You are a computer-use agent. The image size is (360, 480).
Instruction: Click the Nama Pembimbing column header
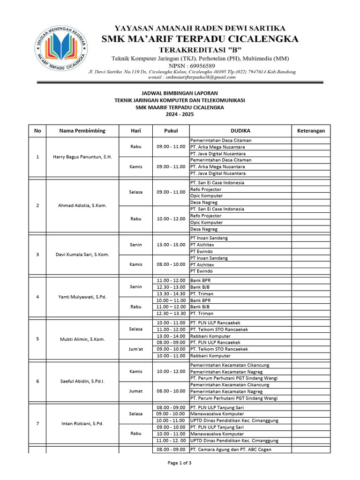tap(82, 131)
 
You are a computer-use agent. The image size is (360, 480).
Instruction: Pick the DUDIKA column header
tap(240, 131)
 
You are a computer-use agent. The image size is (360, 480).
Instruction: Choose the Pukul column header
tap(171, 131)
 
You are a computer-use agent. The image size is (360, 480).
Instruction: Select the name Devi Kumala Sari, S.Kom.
tap(82, 255)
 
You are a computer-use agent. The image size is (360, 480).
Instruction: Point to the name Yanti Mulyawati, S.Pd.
tap(82, 297)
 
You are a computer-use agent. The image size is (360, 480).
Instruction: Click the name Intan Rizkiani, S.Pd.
tap(82, 424)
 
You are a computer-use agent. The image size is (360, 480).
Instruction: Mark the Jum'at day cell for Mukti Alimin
tap(135, 349)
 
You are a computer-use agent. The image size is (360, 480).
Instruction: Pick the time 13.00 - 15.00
tap(171, 245)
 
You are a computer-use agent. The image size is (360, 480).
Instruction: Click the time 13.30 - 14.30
tap(171, 293)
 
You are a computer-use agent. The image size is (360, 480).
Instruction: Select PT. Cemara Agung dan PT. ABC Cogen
tap(231, 450)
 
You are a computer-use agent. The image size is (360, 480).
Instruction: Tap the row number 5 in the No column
tap(37, 339)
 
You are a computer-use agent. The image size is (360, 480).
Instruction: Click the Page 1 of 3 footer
tap(180, 464)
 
